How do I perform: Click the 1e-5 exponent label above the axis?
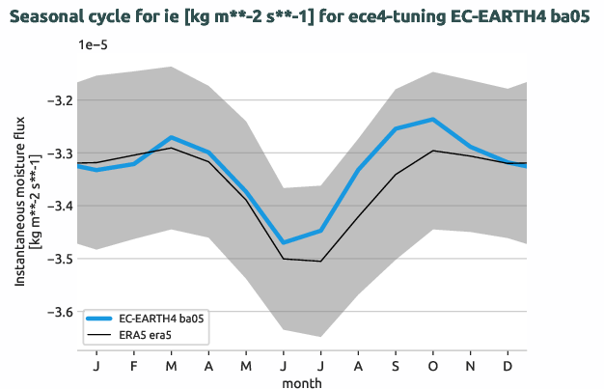(94, 45)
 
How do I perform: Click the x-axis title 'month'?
(302, 382)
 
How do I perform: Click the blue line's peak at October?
(433, 119)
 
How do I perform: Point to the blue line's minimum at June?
(283, 242)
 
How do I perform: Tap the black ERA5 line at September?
(396, 175)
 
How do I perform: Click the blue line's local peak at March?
(171, 137)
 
